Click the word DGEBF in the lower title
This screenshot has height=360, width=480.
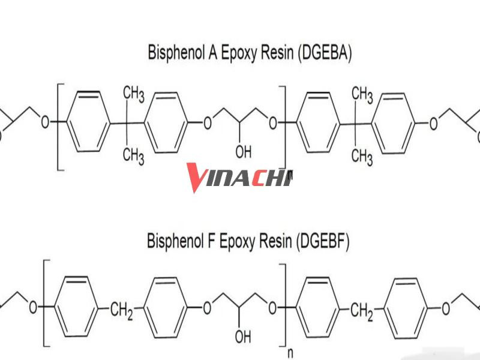[x=323, y=241]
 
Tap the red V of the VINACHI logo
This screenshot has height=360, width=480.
[x=197, y=178]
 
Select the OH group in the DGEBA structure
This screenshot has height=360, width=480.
[x=244, y=152]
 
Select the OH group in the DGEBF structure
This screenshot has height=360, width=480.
[x=243, y=337]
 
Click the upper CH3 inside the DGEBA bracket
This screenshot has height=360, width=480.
[x=133, y=94]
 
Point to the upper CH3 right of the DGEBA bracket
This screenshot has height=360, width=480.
[x=362, y=95]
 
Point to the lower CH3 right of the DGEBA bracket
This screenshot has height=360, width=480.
[x=362, y=157]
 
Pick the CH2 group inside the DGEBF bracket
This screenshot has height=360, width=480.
[x=122, y=310]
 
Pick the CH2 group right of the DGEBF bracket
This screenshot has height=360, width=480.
[x=362, y=311]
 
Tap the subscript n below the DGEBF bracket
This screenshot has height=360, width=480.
[x=290, y=353]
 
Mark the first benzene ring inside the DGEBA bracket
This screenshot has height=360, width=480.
[x=88, y=122]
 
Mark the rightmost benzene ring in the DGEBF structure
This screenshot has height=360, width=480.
[x=406, y=308]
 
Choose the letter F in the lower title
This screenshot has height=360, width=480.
[x=211, y=241]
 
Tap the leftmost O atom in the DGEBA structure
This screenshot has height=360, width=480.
[x=46, y=122]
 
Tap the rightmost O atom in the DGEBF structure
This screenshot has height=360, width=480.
[x=446, y=308]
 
